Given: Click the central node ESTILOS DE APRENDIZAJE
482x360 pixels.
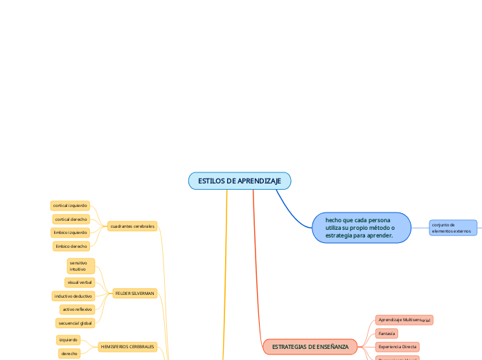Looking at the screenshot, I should point(240,181).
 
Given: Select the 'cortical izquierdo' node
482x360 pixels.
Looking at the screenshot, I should point(70,206).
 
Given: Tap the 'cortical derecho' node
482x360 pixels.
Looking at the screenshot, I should point(71,219).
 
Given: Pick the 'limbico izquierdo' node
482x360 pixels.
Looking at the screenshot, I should point(70,233).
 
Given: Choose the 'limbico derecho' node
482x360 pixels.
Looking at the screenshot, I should point(71,246).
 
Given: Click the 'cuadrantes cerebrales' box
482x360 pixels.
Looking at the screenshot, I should point(132,226).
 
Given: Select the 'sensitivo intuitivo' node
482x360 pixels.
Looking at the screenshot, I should point(80,266).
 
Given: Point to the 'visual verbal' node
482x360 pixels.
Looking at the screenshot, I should point(80,282).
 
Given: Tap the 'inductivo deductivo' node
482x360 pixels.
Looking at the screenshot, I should point(73,296).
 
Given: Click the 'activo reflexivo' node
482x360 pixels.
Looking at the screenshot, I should point(76,309).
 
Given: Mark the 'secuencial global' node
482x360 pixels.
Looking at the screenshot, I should point(74,323).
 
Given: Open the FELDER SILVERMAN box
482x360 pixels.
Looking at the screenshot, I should point(134,294).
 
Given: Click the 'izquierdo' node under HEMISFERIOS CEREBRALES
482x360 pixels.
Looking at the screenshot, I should point(68,340).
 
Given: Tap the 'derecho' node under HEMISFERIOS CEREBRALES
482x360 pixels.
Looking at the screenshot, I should point(69,353).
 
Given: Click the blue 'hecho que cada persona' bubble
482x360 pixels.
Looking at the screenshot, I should point(361,228).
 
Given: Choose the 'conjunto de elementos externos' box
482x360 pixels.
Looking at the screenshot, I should point(453,228).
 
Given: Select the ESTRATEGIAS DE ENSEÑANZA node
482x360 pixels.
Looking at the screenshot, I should point(310,346).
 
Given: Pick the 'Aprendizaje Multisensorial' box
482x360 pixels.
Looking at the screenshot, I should point(404,320).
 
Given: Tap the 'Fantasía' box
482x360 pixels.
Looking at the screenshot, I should point(386,333).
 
